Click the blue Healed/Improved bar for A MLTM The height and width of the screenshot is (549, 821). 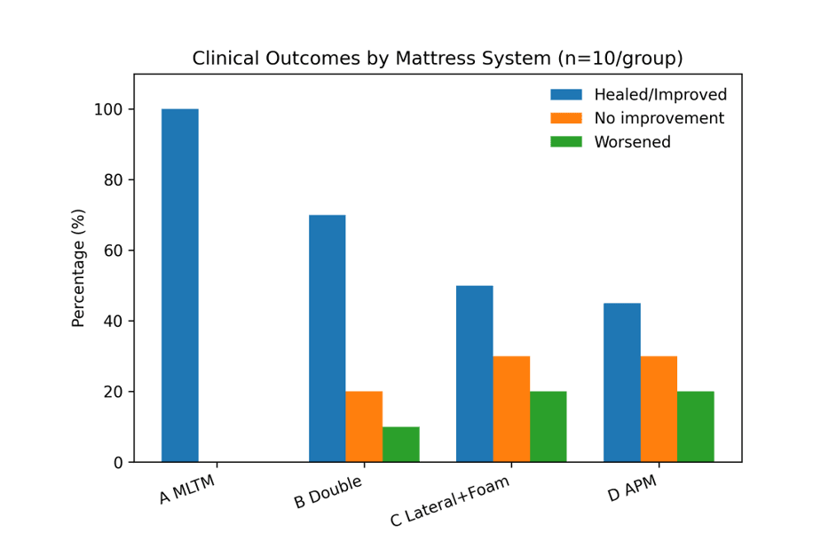(x=179, y=285)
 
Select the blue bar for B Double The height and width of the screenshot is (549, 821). (x=327, y=338)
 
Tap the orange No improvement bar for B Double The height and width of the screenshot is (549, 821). (x=364, y=426)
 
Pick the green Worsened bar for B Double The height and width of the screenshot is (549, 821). (x=400, y=444)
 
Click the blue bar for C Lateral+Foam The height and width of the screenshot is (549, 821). (x=474, y=373)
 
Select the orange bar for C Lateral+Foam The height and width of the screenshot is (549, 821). (x=511, y=409)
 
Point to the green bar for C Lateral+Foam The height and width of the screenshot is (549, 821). (x=548, y=426)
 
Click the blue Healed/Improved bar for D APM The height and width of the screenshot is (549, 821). (x=621, y=382)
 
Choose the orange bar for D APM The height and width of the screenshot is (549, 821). (x=659, y=409)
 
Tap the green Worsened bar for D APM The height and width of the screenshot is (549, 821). (x=695, y=426)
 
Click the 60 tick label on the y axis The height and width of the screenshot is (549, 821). (x=113, y=251)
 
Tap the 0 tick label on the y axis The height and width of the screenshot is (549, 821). (x=117, y=462)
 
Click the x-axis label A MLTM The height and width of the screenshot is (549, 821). (x=187, y=489)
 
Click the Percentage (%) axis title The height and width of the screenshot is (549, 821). (x=78, y=267)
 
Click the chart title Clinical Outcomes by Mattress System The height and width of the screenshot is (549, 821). (x=438, y=59)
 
